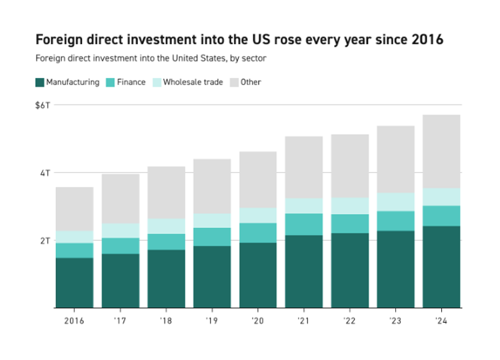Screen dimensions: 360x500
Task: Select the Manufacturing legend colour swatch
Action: click(39, 83)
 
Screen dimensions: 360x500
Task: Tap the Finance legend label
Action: click(131, 83)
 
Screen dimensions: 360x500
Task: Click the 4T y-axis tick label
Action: click(46, 173)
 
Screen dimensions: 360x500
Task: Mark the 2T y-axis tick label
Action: click(46, 240)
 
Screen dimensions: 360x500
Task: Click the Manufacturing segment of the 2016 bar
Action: click(74, 283)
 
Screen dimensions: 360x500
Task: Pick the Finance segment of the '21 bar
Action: click(303, 224)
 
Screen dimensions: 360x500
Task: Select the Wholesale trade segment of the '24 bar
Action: click(441, 197)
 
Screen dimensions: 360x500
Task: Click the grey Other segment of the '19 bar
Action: click(212, 186)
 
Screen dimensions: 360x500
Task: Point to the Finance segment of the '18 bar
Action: click(166, 242)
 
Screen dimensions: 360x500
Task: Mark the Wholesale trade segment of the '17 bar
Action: click(120, 231)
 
